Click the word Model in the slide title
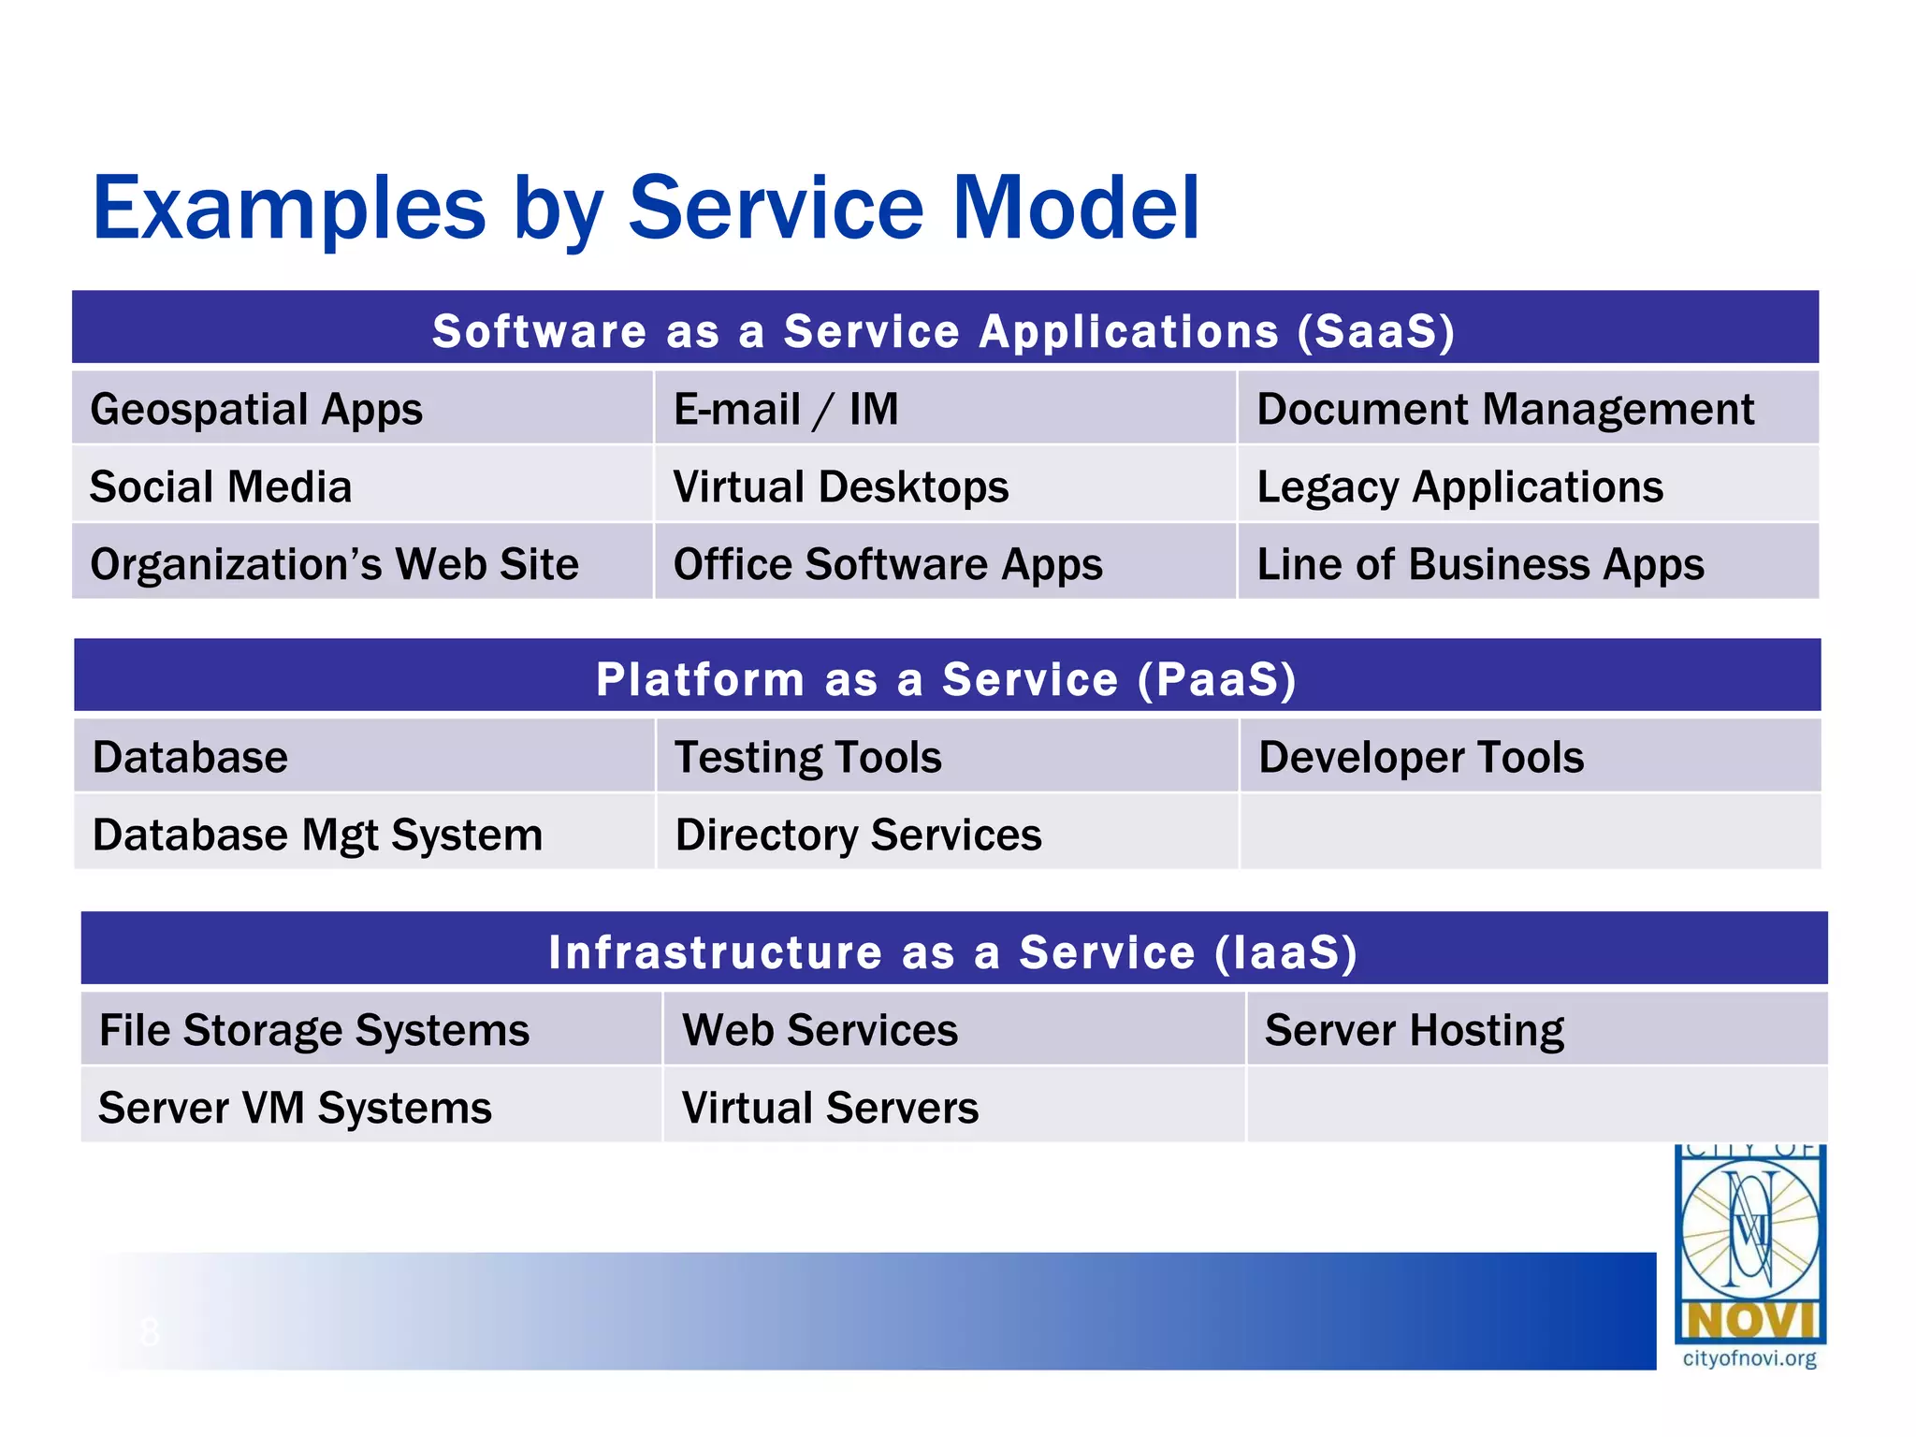coord(1075,208)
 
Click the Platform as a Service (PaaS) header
coord(947,679)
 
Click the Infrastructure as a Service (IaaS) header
coord(952,952)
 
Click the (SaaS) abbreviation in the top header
coord(1375,331)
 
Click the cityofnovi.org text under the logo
coord(1749,1358)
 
